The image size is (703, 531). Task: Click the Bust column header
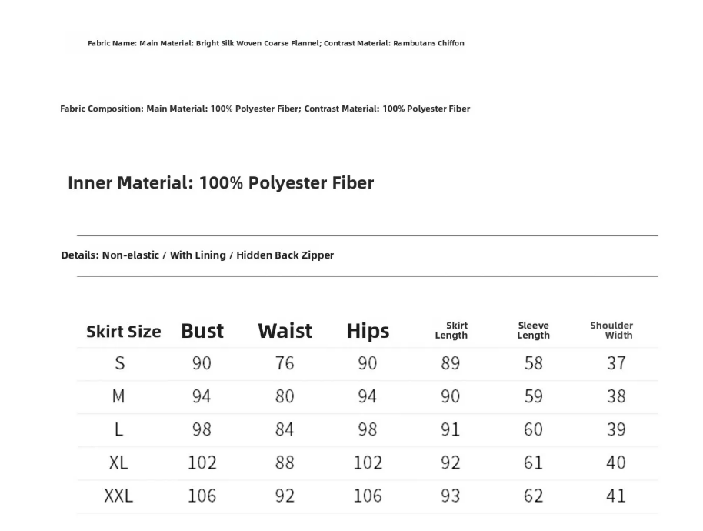tap(202, 331)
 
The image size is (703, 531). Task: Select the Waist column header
tap(285, 331)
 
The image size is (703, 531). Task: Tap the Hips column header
tap(368, 331)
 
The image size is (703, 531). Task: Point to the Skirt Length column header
tap(451, 330)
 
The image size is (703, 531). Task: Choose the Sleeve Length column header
tap(533, 330)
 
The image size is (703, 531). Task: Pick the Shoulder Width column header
tap(612, 330)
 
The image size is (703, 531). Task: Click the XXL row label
tap(118, 496)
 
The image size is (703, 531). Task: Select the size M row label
tap(118, 396)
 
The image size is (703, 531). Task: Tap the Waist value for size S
tap(285, 363)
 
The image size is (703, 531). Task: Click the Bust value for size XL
tap(202, 463)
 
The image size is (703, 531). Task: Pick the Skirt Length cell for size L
tap(451, 429)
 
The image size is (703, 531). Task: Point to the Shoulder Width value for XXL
tap(616, 496)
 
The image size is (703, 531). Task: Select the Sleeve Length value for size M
tap(533, 396)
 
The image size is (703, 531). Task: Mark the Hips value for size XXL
tap(368, 496)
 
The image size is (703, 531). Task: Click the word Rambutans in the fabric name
tap(414, 43)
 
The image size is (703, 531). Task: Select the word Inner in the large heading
tap(90, 183)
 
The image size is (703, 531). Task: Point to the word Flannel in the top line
tap(305, 43)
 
